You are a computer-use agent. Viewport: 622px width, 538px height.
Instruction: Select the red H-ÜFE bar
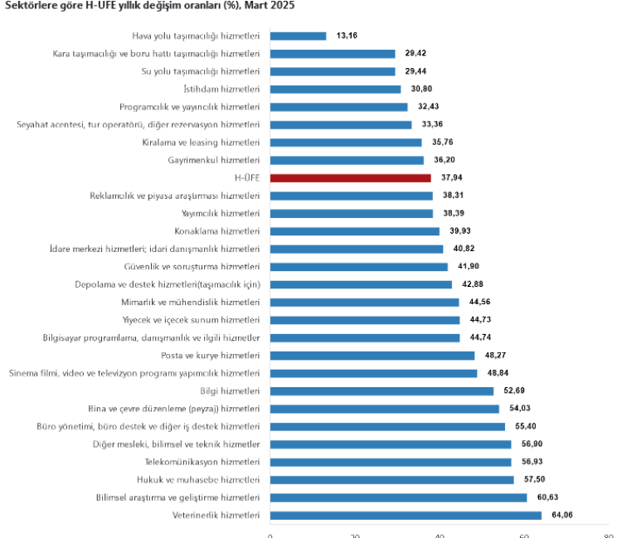[351, 177]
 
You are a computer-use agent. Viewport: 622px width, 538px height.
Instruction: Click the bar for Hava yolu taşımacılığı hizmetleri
[299, 36]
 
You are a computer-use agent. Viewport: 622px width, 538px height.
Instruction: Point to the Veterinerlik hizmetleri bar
[406, 515]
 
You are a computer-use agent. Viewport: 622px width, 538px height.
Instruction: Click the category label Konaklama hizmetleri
[217, 230]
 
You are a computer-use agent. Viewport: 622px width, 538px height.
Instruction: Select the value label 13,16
[346, 36]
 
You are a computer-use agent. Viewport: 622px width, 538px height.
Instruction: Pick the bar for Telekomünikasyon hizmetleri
[391, 462]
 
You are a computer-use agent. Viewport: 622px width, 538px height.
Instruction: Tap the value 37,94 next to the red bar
[450, 177]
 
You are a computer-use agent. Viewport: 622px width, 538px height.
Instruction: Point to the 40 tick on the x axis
[440, 534]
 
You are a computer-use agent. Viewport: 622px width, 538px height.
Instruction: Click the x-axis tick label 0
[270, 534]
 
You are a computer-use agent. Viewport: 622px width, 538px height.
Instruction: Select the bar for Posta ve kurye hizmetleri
[372, 355]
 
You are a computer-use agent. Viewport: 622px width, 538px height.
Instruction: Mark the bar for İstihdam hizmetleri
[336, 89]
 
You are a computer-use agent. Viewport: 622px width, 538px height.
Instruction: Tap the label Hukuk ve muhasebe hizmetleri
[198, 479]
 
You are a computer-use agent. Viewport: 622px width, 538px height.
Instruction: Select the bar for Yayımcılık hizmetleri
[352, 213]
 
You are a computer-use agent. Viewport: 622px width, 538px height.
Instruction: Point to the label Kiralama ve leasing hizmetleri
[202, 142]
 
